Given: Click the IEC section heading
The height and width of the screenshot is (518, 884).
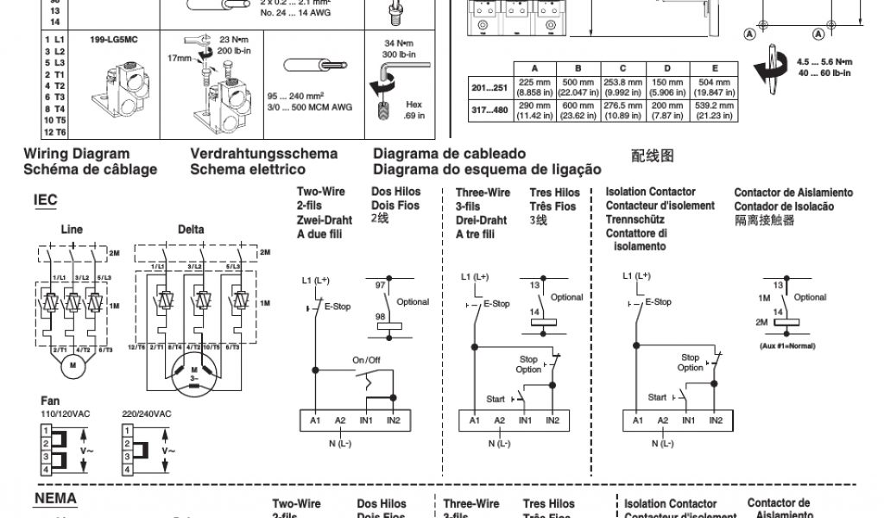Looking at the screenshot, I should (x=45, y=200).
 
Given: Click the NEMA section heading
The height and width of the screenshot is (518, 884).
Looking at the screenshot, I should (x=55, y=498).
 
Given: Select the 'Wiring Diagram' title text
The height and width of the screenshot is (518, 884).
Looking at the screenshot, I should (x=77, y=155).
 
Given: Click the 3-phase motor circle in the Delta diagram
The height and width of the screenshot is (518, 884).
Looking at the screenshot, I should (x=193, y=376).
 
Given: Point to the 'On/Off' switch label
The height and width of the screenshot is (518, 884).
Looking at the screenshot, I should (x=366, y=359).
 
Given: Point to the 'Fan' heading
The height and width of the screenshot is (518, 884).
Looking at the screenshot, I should (x=50, y=401).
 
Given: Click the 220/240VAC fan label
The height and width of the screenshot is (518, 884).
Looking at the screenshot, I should (x=147, y=414).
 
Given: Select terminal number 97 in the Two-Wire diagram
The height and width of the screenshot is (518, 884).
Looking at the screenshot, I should (x=380, y=284).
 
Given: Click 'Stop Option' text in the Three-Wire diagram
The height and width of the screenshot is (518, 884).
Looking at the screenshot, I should (x=528, y=364).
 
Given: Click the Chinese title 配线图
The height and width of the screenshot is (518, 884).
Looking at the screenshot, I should (x=652, y=156).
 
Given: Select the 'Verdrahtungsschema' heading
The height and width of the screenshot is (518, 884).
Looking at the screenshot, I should (x=264, y=155).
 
